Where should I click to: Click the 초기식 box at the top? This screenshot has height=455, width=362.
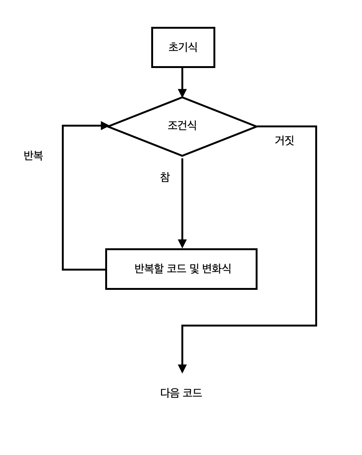tap(183, 47)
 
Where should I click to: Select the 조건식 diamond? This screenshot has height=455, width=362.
tap(182, 126)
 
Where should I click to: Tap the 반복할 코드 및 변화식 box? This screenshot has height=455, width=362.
tap(181, 269)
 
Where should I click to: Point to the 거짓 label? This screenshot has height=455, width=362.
tap(284, 141)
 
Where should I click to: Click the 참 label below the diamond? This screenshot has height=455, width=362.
tap(165, 177)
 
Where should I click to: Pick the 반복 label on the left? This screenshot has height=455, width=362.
tap(33, 156)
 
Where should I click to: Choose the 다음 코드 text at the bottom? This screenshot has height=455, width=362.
tap(181, 393)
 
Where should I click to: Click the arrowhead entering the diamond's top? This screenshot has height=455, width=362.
tap(182, 93)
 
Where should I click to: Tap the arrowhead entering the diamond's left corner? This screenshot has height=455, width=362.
tap(105, 126)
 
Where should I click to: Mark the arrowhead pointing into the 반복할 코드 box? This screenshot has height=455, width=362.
tap(182, 244)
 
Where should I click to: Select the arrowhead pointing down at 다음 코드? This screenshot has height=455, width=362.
tap(182, 369)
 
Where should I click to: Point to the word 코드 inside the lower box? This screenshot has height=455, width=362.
tap(176, 269)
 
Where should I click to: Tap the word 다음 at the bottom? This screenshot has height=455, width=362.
tap(170, 393)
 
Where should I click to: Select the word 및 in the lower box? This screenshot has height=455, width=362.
tap(194, 269)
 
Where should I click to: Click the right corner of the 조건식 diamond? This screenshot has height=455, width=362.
tap(256, 126)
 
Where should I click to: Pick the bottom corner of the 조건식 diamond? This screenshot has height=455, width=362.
tap(182, 156)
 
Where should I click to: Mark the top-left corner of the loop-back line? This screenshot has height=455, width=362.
tap(63, 126)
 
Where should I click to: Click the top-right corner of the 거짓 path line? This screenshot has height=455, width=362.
tap(316, 127)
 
